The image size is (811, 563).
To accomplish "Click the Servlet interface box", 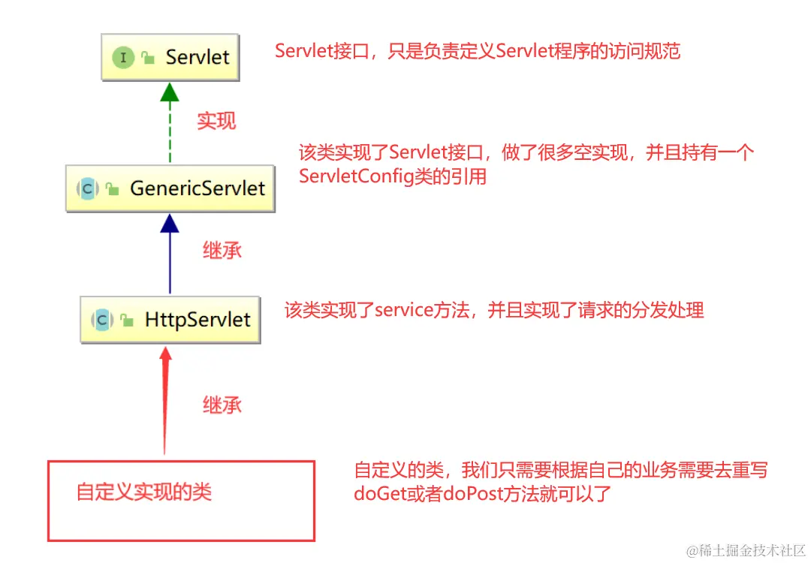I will [x=170, y=57].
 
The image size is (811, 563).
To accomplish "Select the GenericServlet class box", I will [x=170, y=188].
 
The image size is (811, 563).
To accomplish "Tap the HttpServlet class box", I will [x=170, y=319].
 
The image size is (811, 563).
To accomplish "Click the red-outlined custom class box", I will [x=181, y=501].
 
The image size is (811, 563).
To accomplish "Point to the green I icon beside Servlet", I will [x=123, y=58].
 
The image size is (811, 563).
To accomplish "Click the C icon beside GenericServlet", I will [x=88, y=188].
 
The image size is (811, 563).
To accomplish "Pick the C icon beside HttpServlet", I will [x=103, y=320].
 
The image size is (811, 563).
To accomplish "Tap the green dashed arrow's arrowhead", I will [x=170, y=92].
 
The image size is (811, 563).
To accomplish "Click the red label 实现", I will [x=216, y=121].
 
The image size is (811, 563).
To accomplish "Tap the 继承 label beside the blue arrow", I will [x=222, y=251].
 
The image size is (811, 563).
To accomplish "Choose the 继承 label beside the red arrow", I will [x=222, y=405].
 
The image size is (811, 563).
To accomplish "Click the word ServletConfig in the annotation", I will [x=355, y=177].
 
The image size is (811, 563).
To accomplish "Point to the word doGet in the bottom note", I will [x=378, y=495].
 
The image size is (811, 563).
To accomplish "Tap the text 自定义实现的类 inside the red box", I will [x=144, y=492].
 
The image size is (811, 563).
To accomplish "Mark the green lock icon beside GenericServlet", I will [x=113, y=189].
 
